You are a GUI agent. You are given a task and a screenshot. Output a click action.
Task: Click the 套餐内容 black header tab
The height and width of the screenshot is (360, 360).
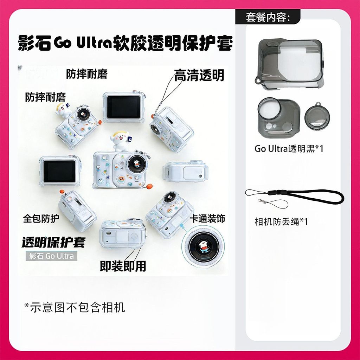(268, 17)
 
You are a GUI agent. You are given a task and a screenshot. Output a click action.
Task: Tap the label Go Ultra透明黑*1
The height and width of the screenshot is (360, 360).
(289, 149)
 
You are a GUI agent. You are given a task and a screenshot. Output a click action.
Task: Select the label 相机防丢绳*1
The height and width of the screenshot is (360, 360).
(281, 221)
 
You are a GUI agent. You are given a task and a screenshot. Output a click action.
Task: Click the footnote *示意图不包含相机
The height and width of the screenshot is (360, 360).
(75, 307)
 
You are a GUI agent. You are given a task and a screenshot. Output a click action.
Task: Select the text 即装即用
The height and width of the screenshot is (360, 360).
(123, 266)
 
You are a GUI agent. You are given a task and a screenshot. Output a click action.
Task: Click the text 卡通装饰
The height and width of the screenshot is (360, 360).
(207, 219)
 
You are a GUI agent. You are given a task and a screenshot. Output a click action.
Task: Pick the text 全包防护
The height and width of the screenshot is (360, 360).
(41, 218)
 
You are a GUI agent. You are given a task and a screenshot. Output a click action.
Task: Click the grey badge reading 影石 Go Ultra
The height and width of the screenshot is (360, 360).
(51, 256)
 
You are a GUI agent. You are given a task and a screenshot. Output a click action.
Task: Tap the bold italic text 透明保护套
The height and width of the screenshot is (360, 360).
(53, 243)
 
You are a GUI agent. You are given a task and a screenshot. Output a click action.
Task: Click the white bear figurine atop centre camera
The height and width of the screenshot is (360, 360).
(119, 141)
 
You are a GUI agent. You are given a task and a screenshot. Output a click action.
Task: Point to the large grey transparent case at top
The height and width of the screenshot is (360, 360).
(290, 64)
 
